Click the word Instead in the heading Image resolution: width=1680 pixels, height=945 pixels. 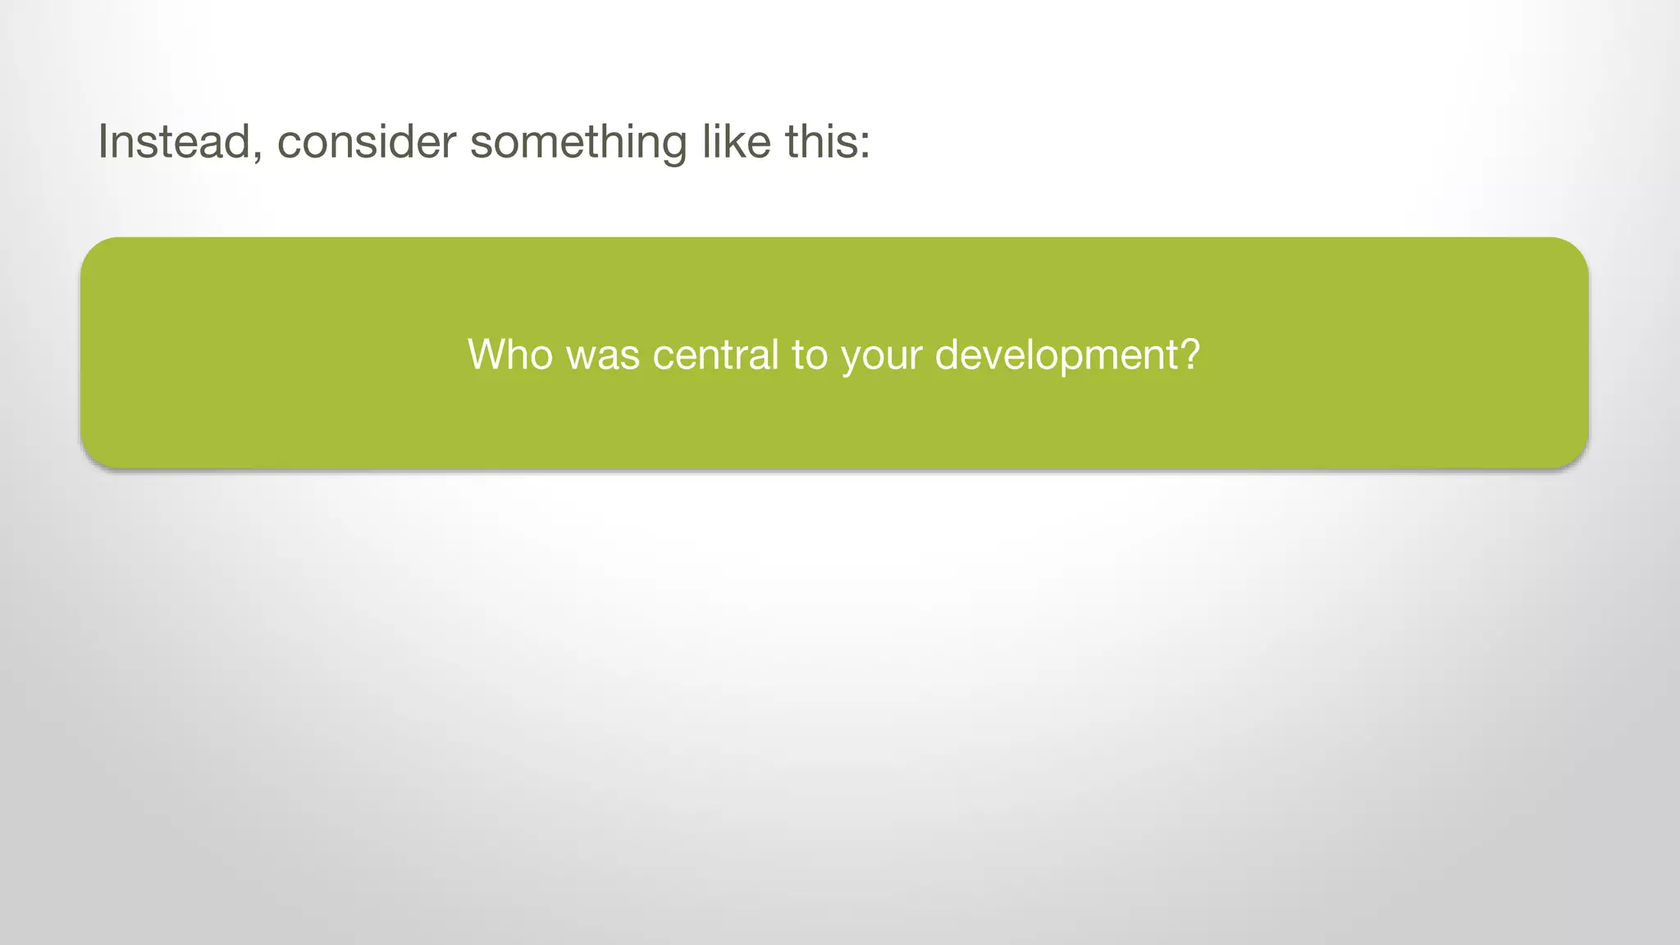tap(174, 141)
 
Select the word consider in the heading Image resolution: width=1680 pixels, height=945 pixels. tap(366, 141)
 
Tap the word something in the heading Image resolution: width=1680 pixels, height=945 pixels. tap(578, 143)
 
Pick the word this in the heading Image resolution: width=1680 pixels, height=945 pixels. tap(822, 141)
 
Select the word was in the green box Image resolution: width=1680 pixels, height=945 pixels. tap(603, 356)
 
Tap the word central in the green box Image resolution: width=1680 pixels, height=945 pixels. tap(715, 354)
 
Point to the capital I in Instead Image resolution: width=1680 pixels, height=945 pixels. tap(103, 141)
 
